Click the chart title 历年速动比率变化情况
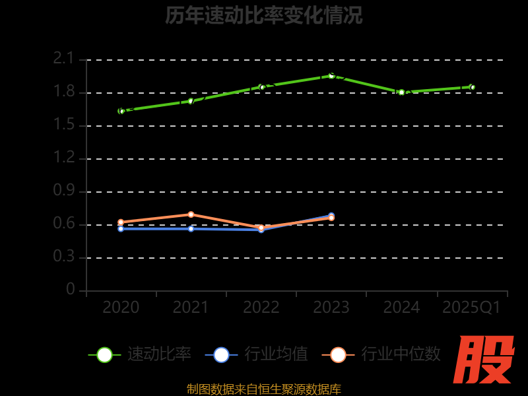tap(264, 15)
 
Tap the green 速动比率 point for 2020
tap(121, 111)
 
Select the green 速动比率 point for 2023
tap(331, 76)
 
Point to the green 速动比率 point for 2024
tap(401, 92)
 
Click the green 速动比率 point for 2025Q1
tap(472, 87)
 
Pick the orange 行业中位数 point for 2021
tap(191, 214)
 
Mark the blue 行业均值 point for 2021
tap(191, 228)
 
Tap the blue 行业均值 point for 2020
tap(121, 228)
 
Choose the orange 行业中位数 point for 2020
tap(121, 222)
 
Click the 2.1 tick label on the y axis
tap(64, 59)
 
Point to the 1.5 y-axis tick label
tap(64, 125)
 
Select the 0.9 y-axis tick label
tap(64, 191)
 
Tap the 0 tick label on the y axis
tap(71, 290)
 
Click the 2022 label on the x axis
tap(261, 308)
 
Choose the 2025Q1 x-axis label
tap(471, 308)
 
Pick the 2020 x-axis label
tap(121, 308)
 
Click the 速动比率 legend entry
tap(140, 354)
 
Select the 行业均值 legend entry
tap(257, 354)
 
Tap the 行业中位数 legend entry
tap(381, 354)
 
